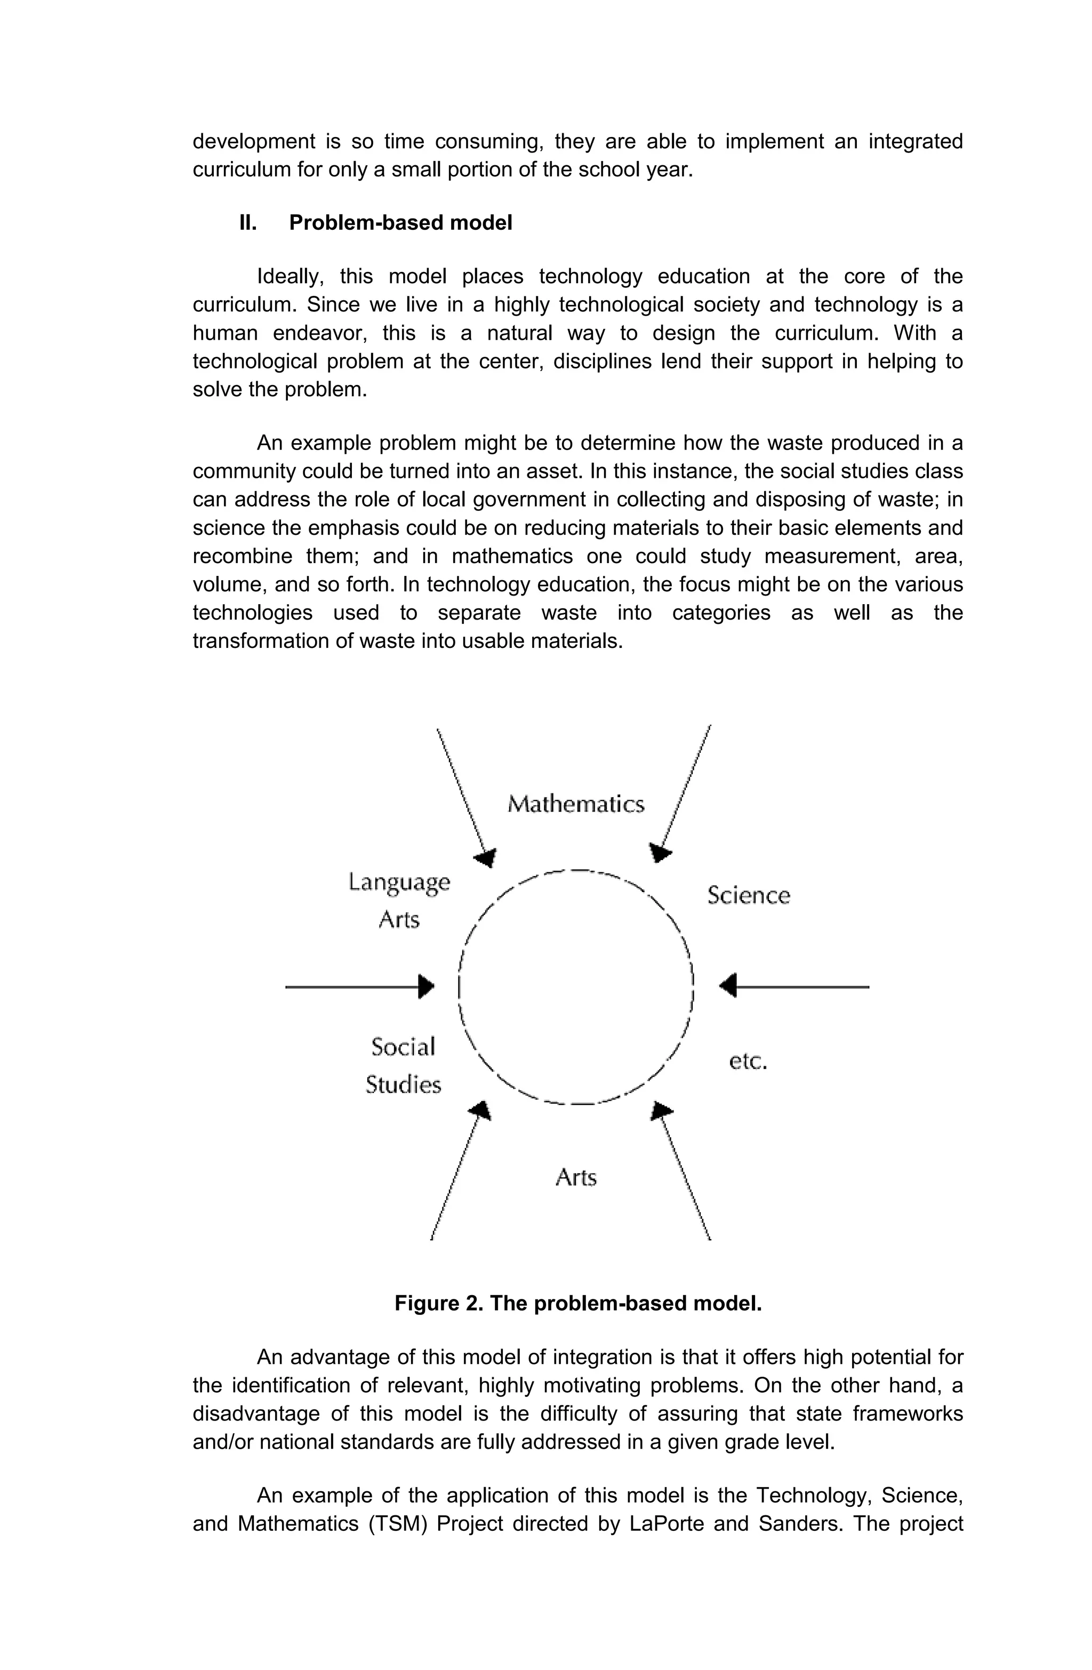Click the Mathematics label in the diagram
click(x=575, y=804)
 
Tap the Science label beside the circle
click(x=748, y=896)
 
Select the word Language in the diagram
click(x=399, y=882)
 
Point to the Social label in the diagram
click(x=403, y=1047)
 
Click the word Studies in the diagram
click(x=403, y=1085)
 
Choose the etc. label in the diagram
click(x=748, y=1062)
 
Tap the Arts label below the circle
click(x=575, y=1177)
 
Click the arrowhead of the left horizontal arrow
click(x=426, y=986)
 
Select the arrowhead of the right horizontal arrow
click(x=728, y=986)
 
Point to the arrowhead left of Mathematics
click(x=486, y=857)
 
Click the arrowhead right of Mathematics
click(x=660, y=853)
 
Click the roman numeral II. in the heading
click(x=248, y=223)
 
